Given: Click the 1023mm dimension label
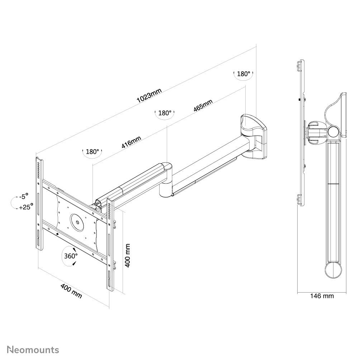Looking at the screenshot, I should coord(150,96).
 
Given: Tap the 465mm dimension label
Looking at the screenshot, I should coord(203,106).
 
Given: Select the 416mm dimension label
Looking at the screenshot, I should coord(131,142).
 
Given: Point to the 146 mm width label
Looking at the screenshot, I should coord(322,296).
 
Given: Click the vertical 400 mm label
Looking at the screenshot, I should coord(128,255).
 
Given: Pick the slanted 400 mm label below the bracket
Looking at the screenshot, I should coord(71,291).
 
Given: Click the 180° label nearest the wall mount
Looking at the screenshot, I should coord(243,74).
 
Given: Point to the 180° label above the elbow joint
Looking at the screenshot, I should coord(165,113).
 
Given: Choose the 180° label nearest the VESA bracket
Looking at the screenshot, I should coord(93,152).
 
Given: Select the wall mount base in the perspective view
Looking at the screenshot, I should coord(255,136).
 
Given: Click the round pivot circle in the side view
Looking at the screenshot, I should coord(333,132).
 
